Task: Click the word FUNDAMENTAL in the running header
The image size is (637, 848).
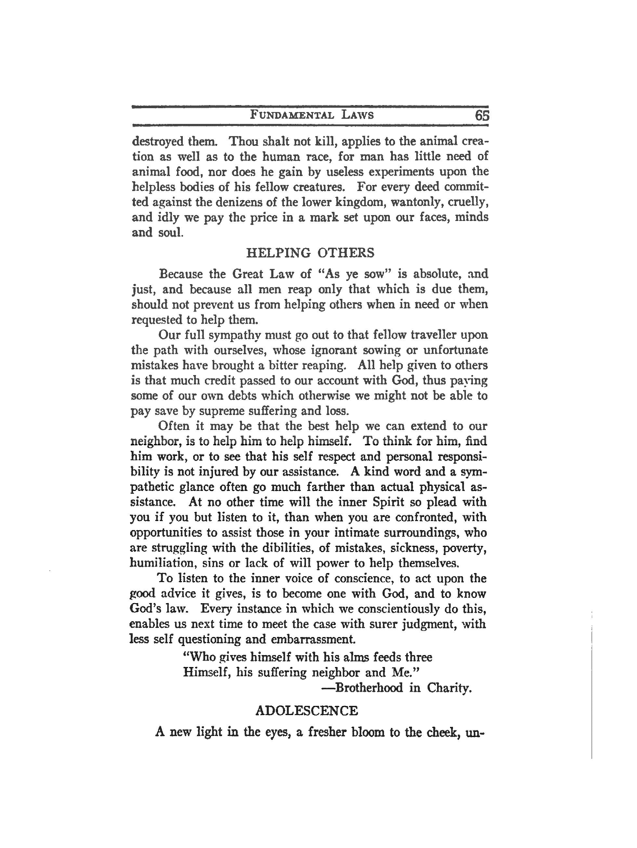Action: (x=291, y=115)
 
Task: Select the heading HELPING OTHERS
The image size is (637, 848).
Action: (x=310, y=253)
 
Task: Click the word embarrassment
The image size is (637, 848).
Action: (x=312, y=639)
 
